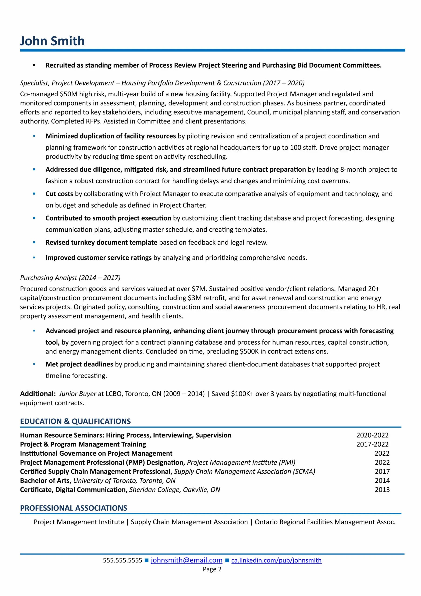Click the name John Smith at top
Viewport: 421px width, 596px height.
point(52,41)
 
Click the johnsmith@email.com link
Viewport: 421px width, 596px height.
point(186,560)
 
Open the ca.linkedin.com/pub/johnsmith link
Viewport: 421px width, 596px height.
point(276,560)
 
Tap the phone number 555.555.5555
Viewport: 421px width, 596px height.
point(122,560)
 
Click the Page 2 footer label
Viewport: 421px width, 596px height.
point(212,569)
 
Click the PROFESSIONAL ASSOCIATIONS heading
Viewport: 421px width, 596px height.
point(74,508)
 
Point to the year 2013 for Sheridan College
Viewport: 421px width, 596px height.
point(382,490)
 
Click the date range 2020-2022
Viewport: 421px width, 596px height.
point(372,435)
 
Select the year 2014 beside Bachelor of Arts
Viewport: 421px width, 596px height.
point(382,481)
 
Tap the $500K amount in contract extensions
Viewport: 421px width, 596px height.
point(249,352)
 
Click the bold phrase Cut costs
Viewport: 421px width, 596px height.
point(59,194)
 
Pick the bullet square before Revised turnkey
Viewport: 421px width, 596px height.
point(34,242)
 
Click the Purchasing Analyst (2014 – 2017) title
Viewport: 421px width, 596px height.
point(70,278)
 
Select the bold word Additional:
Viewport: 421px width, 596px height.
point(38,394)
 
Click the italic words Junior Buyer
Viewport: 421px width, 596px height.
point(77,394)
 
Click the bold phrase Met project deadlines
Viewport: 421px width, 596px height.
point(79,364)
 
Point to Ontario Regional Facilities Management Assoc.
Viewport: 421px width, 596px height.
point(325,522)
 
